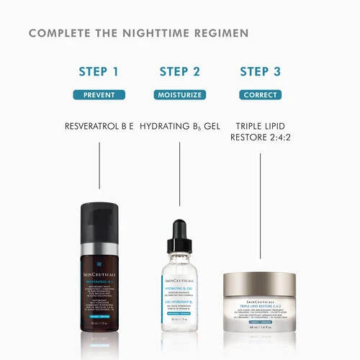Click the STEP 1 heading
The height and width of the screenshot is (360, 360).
[x=99, y=71]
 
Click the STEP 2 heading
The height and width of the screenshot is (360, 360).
[x=179, y=71]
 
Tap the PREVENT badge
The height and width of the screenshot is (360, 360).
[x=99, y=94]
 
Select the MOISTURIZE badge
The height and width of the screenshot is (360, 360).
[x=179, y=94]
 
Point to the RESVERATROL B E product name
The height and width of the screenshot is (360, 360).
[x=99, y=126]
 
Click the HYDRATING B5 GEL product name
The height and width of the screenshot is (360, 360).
[x=179, y=126]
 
